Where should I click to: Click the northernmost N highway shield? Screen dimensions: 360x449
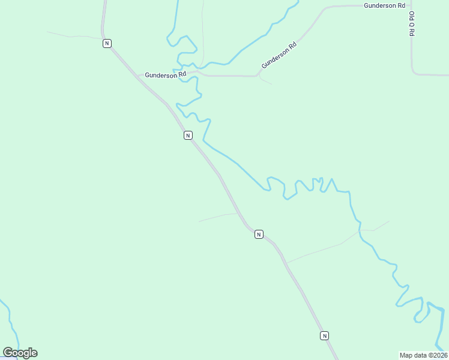[x=107, y=43]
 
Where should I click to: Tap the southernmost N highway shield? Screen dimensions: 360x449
[x=324, y=335]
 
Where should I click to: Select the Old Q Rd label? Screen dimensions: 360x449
[x=412, y=23]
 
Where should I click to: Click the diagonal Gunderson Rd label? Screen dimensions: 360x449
[x=279, y=55]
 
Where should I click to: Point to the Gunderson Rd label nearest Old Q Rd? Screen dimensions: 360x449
[x=385, y=5]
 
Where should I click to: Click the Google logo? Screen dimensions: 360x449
[x=20, y=353]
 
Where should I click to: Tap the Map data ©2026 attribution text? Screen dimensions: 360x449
[x=423, y=355]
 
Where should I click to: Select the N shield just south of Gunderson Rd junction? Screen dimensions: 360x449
[x=188, y=135]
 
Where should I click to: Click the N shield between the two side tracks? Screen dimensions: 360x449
[x=259, y=234]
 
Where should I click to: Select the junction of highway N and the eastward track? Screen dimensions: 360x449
[x=286, y=263]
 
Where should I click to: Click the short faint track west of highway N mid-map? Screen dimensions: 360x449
[x=216, y=217]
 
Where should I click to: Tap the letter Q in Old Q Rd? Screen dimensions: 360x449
[x=412, y=24]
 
